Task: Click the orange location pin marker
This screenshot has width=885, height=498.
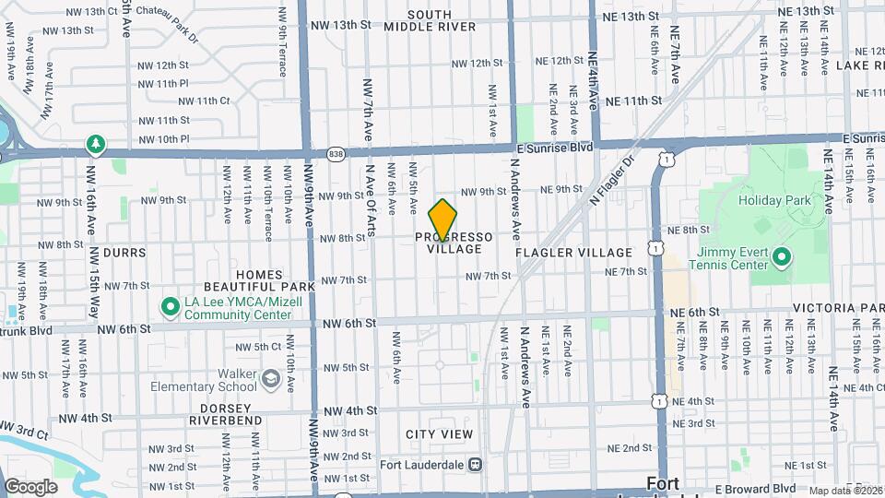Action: tap(443, 219)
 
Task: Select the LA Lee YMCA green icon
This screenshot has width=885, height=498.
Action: tap(170, 305)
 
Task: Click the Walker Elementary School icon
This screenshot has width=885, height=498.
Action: tap(270, 378)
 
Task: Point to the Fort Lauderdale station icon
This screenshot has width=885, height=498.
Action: tap(476, 464)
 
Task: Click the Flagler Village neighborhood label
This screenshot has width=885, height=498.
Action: tap(574, 252)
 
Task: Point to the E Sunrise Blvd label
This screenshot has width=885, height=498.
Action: tap(553, 148)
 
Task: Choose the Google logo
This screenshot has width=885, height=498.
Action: tap(30, 487)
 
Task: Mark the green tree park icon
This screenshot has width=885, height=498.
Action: tap(94, 144)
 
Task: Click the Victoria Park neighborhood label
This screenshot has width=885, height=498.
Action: tap(839, 308)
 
